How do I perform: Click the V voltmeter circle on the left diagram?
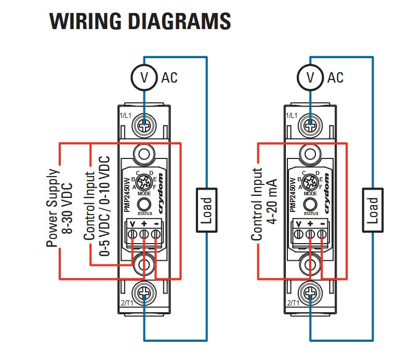pyautogui.click(x=144, y=77)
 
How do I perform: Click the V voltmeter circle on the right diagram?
pyautogui.click(x=311, y=77)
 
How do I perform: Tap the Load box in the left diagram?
pyautogui.click(x=206, y=210)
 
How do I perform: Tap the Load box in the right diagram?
pyautogui.click(x=373, y=210)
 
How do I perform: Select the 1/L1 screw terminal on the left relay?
pyautogui.click(x=144, y=125)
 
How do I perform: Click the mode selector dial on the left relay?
pyautogui.click(x=144, y=181)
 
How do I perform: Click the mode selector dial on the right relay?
pyautogui.click(x=311, y=181)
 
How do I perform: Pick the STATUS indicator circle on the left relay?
pyautogui.click(x=144, y=203)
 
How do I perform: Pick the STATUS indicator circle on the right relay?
pyautogui.click(x=311, y=203)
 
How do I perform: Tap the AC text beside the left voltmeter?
pyautogui.click(x=169, y=78)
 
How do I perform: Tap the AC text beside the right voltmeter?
pyautogui.click(x=336, y=78)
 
